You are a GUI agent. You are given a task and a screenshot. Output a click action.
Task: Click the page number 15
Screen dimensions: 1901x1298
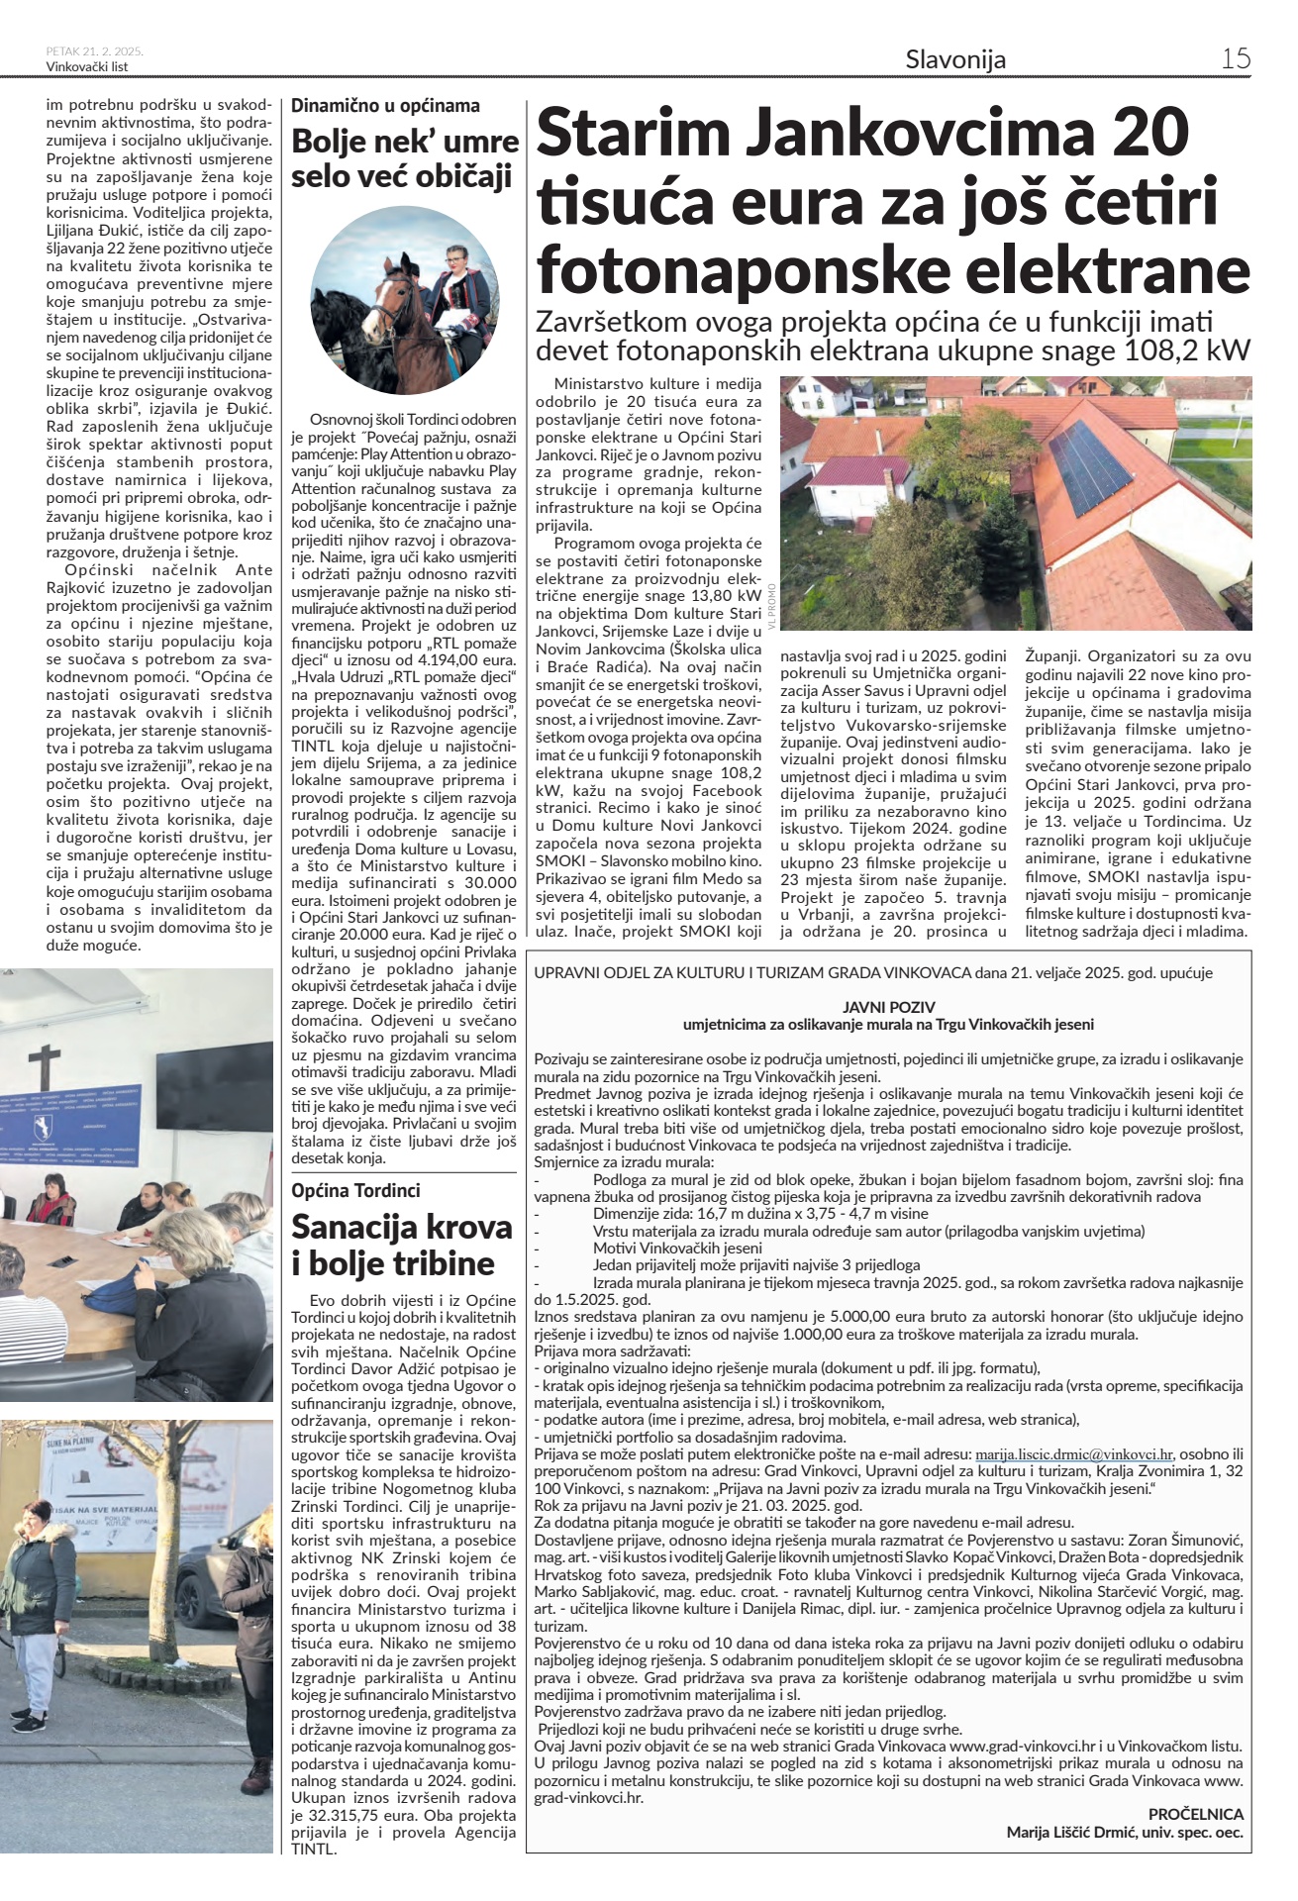point(1236,58)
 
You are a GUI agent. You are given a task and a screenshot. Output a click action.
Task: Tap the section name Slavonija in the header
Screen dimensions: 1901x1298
point(955,59)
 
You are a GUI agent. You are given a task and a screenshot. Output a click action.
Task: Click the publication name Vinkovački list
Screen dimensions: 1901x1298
point(87,66)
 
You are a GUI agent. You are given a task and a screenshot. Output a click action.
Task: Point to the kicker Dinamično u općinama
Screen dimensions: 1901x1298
point(385,106)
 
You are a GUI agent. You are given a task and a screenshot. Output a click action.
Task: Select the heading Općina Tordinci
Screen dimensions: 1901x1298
point(355,1190)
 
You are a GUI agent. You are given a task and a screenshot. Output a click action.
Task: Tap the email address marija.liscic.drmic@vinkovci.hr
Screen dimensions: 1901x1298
point(1074,1454)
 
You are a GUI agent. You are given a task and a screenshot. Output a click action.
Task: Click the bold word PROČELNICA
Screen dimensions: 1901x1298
point(1195,1815)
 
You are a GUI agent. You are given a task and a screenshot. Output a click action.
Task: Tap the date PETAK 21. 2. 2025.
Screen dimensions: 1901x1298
point(95,50)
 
